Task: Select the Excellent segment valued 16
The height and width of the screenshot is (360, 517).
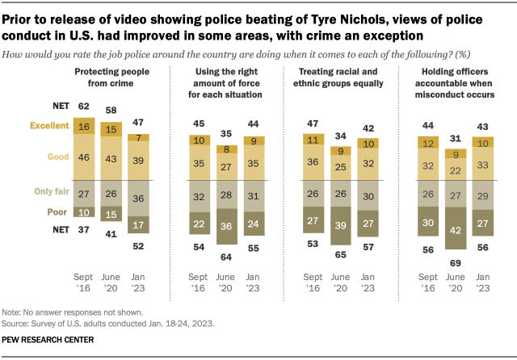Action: tap(84, 128)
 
